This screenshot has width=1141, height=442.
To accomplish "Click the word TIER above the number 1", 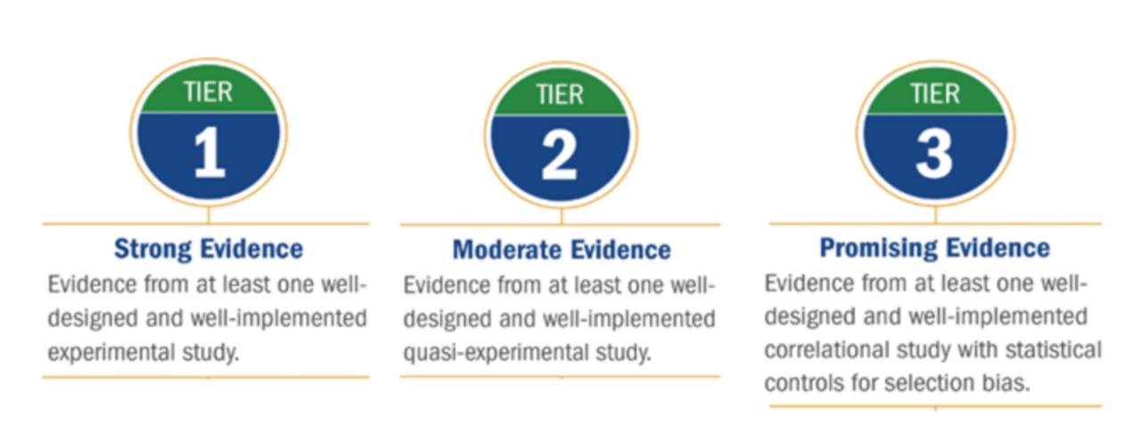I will click(x=209, y=93).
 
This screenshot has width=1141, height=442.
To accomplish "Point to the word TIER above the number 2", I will click(x=561, y=94).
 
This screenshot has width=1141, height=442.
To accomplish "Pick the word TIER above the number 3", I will click(x=933, y=93).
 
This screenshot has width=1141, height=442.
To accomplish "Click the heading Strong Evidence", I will click(x=208, y=248).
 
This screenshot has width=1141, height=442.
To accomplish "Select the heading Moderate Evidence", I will click(x=561, y=250).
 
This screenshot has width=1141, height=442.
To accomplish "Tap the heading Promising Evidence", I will click(x=934, y=248).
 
